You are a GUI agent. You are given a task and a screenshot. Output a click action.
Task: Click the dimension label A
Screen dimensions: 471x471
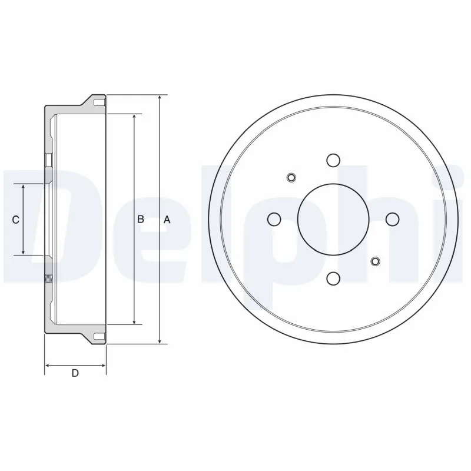167,220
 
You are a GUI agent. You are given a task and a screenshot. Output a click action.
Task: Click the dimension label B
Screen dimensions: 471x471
141,220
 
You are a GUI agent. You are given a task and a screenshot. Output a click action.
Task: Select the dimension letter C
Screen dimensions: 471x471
16,220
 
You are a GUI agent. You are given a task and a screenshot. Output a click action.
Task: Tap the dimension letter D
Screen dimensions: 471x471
75,373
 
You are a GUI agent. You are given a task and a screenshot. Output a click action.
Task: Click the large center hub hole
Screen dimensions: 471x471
333,219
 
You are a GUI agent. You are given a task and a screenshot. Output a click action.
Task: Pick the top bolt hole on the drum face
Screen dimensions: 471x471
333,160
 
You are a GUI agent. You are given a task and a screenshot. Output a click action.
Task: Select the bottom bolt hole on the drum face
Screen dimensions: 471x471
333,278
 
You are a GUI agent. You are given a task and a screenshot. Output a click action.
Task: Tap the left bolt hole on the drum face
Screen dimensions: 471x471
274,219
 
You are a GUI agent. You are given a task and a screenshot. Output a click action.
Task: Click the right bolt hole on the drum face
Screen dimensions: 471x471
392,219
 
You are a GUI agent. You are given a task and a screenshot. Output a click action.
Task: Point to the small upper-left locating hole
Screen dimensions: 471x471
291,177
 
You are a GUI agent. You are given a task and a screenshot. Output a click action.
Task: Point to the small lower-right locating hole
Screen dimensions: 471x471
374,261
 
